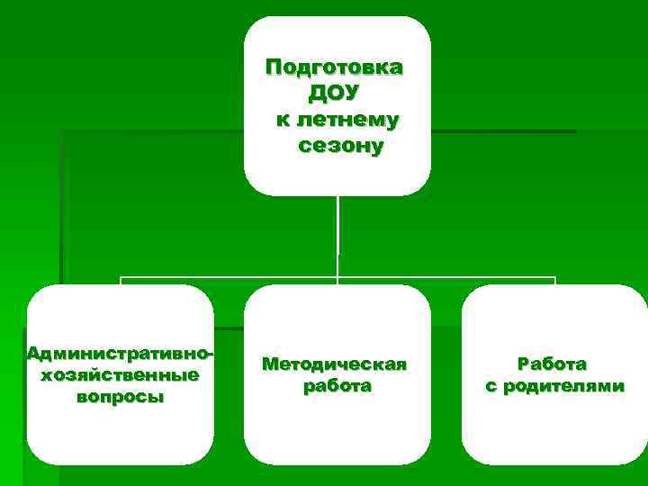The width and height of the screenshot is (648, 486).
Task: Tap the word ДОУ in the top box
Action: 334,93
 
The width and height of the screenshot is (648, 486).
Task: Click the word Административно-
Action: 121,353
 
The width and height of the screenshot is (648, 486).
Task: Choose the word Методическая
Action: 335,364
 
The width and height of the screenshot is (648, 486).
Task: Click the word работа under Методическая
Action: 335,386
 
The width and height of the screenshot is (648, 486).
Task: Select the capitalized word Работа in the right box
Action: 552,364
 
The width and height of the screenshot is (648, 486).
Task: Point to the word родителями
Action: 562,386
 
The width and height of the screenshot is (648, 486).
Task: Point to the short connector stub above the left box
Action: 120,281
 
